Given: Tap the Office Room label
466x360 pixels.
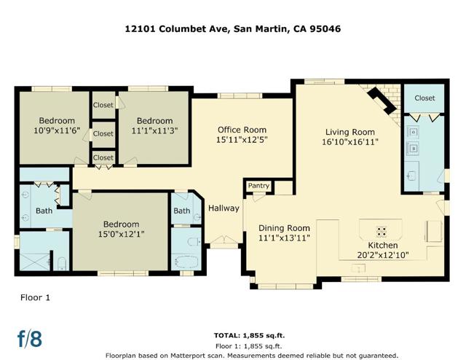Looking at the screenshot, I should [x=242, y=129].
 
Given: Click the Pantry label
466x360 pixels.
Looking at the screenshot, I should [x=258, y=186].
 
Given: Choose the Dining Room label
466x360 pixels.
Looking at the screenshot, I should [x=284, y=228].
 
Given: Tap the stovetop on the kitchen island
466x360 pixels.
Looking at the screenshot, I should [x=379, y=229].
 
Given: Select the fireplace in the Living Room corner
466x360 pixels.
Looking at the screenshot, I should [x=382, y=99].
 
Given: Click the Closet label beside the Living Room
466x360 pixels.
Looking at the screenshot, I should [x=424, y=98].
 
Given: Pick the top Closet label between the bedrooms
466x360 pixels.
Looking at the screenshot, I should [x=103, y=105].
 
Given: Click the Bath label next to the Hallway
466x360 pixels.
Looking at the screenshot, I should [x=181, y=211].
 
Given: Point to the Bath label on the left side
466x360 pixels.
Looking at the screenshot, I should [x=44, y=211].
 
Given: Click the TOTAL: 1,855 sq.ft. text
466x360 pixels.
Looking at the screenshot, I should [x=248, y=336].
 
